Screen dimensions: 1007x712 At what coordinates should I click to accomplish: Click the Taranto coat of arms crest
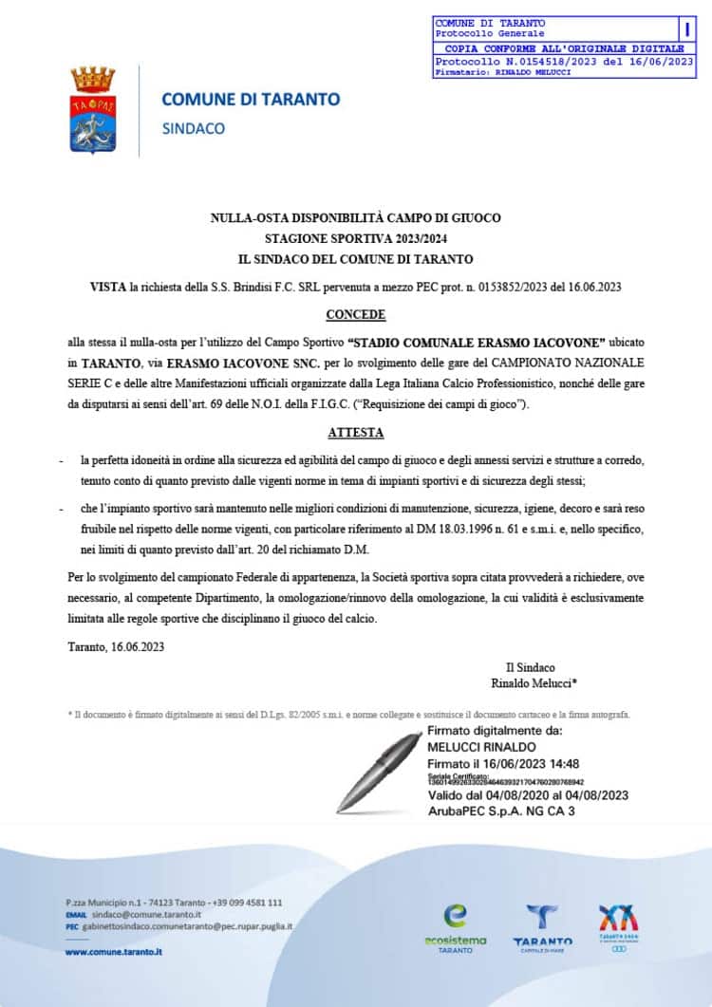[92, 111]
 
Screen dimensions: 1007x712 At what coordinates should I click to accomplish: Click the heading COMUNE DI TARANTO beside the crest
[251, 99]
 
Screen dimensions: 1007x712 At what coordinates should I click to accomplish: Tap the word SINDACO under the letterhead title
[194, 128]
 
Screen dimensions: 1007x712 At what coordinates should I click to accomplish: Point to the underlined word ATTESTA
[356, 433]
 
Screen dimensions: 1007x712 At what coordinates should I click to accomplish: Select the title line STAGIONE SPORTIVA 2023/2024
[355, 238]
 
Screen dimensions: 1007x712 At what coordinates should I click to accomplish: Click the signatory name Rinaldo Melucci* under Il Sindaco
[534, 682]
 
